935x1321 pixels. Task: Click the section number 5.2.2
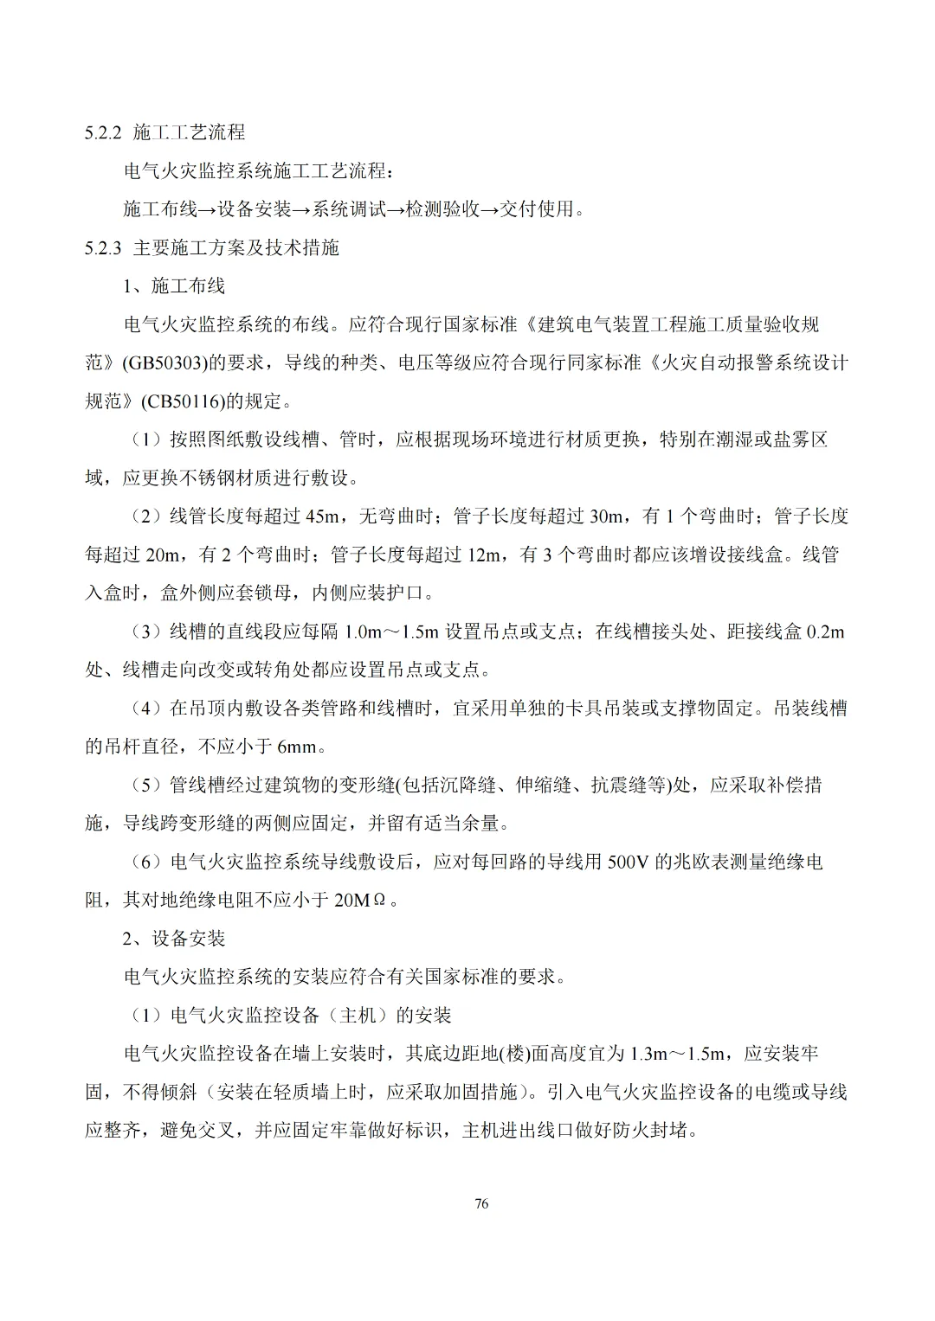[x=105, y=132]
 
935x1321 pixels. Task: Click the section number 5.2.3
[x=105, y=248]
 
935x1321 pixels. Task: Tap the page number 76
[x=482, y=1203]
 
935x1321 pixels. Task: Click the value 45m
[x=322, y=516]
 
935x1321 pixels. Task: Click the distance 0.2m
[x=824, y=632]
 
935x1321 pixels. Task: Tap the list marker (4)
[x=146, y=709]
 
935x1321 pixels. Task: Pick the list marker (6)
[x=146, y=862]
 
